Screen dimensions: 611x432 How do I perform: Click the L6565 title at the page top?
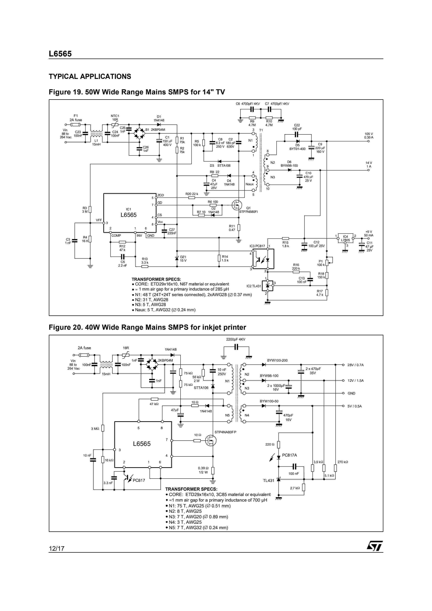tap(60, 54)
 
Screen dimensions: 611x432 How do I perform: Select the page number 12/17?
tap(56, 548)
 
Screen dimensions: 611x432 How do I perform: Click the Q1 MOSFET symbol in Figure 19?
tap(236, 205)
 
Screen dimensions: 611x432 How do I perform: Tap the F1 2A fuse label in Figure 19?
tap(76, 118)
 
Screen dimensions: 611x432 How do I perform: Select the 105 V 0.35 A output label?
tap(369, 136)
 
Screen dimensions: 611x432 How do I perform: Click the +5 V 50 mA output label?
tap(369, 233)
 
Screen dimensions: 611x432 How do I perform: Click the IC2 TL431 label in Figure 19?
tap(253, 286)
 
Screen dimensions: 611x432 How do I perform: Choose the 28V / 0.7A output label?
tap(355, 365)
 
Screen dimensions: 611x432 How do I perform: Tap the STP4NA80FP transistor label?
tap(225, 432)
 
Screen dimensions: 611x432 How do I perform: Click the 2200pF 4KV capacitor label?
tap(236, 339)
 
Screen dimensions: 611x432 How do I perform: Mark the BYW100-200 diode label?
tap(277, 360)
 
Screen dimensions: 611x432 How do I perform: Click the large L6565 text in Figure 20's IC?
tap(142, 444)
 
